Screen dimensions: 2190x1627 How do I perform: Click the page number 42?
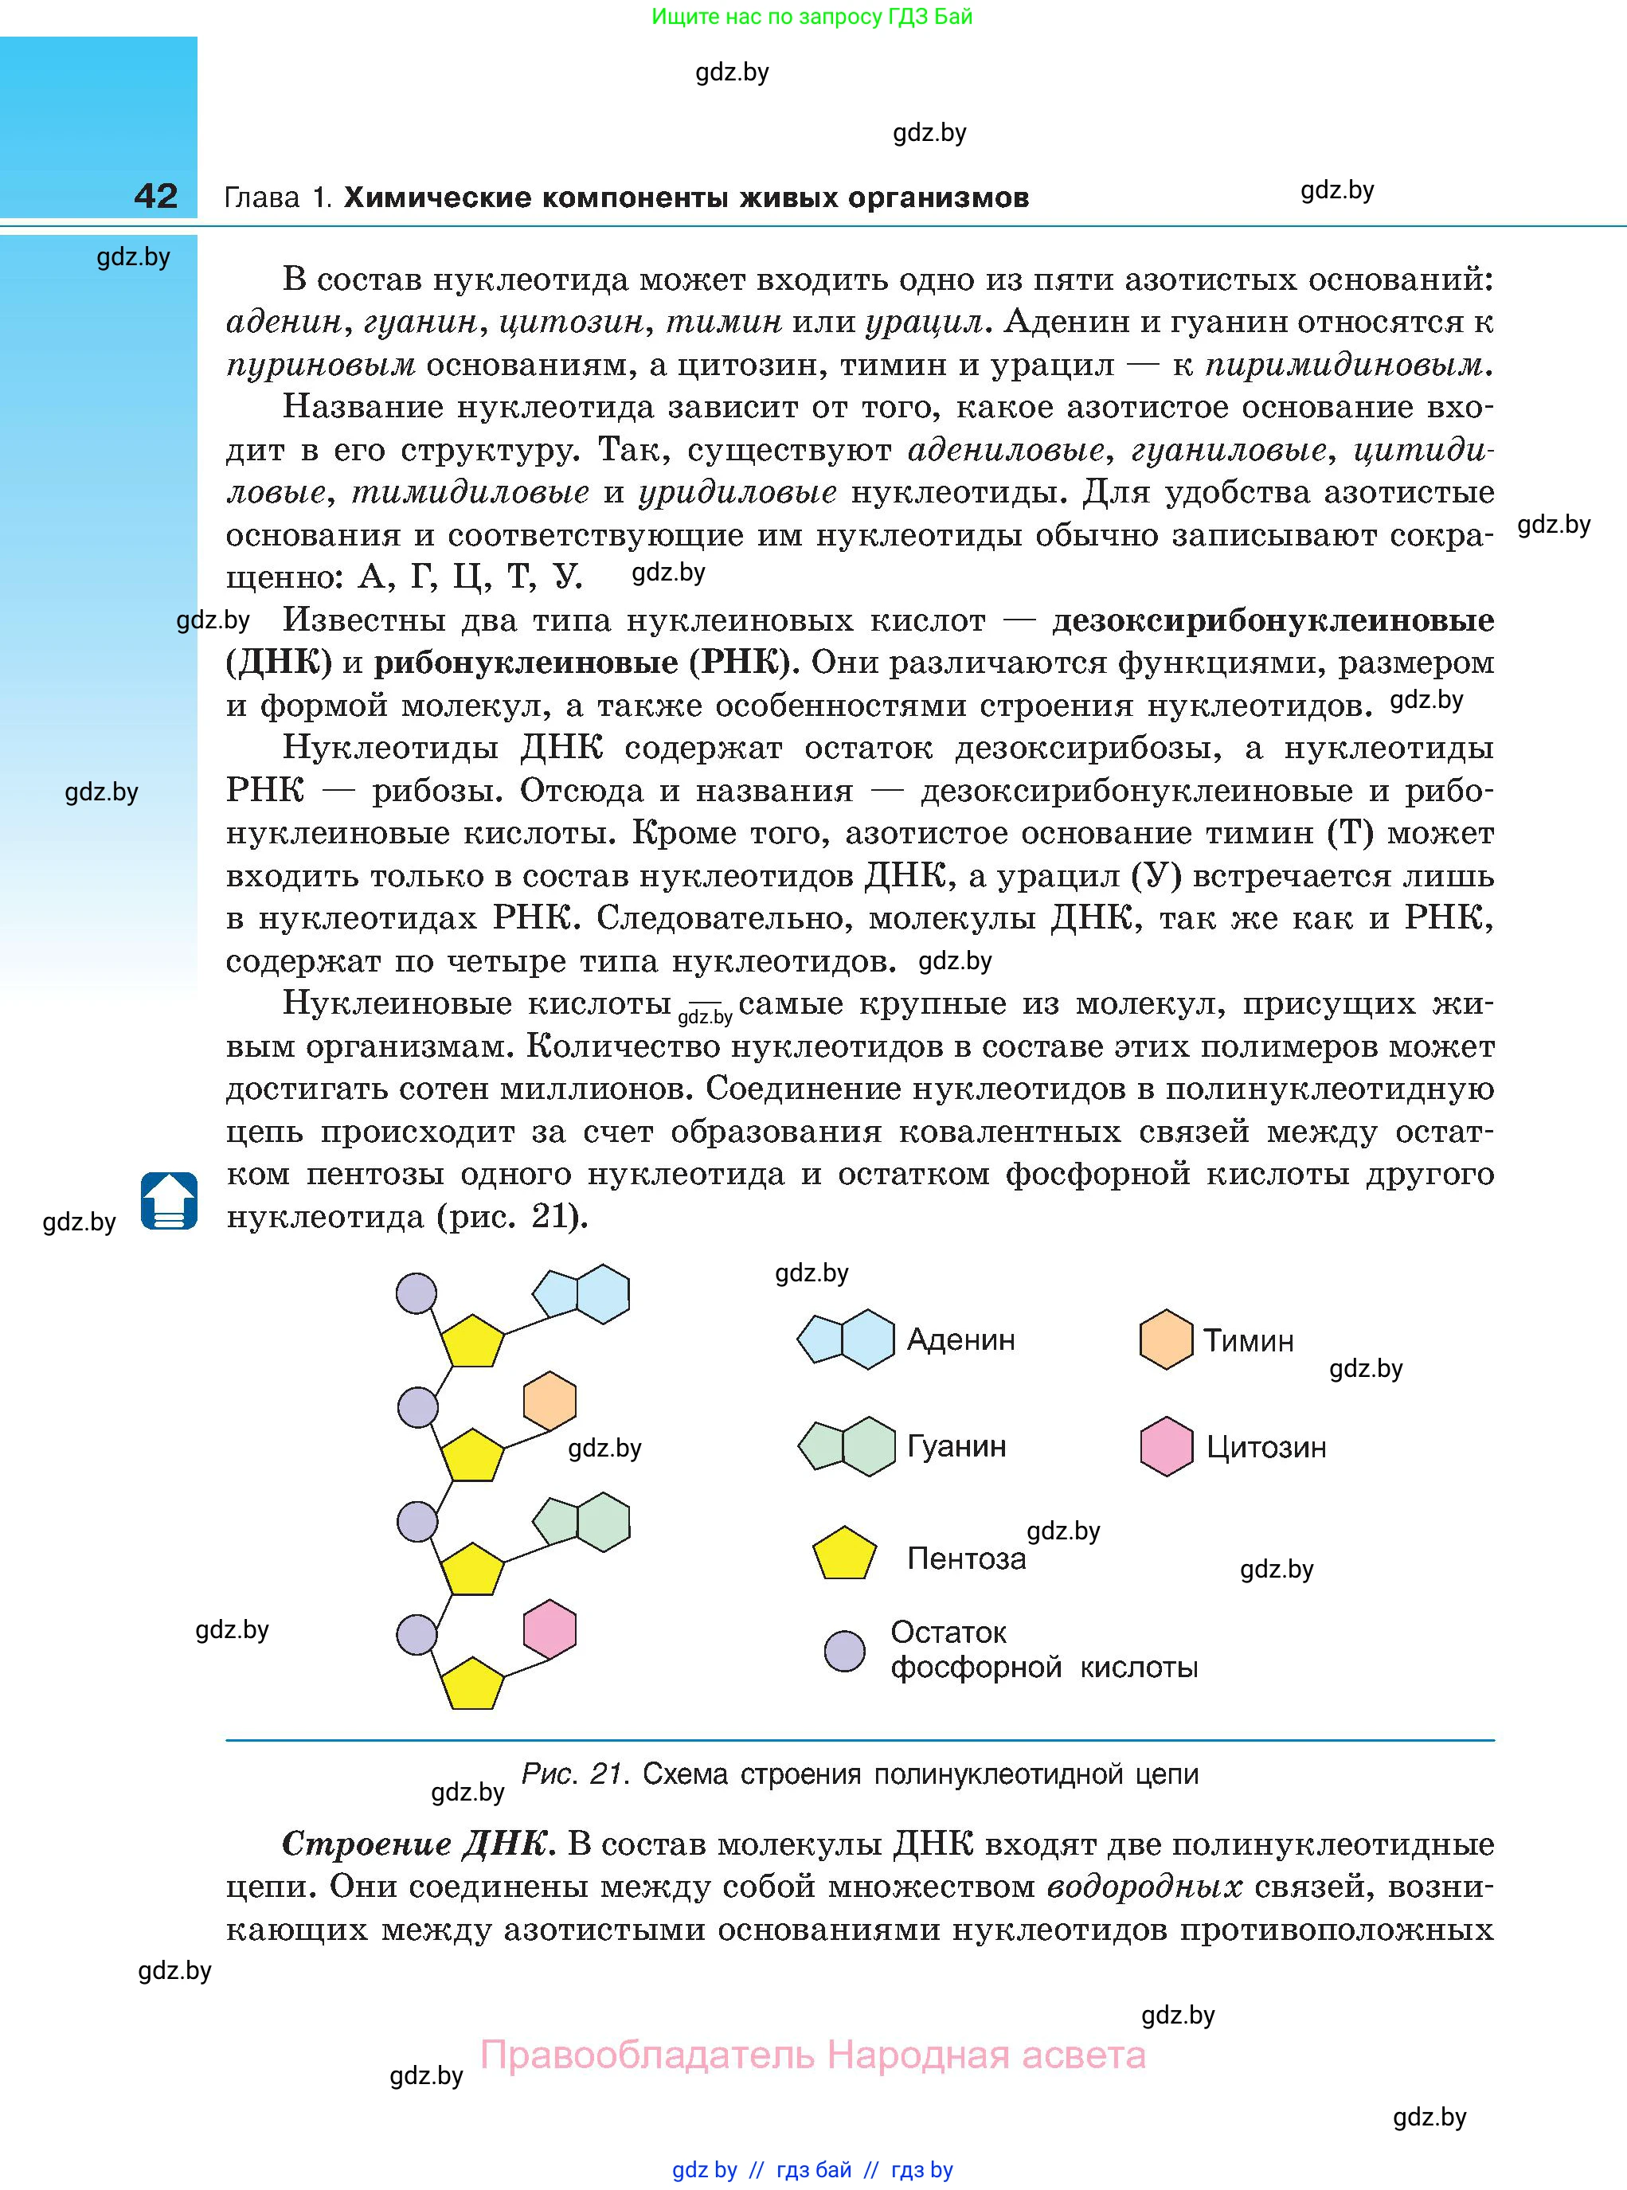155,196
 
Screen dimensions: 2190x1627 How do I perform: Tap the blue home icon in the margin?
170,1200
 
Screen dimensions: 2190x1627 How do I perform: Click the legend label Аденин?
960,1340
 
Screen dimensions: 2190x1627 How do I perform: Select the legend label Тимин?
1248,1341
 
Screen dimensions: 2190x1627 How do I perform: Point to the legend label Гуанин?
956,1446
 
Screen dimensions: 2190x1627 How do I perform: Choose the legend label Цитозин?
1265,1448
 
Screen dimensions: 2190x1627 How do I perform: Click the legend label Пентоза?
966,1558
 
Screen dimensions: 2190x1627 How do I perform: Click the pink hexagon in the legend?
1166,1446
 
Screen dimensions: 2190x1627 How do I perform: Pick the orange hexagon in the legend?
1166,1339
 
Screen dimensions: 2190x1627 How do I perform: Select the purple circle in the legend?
844,1652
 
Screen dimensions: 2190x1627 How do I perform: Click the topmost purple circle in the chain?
416,1293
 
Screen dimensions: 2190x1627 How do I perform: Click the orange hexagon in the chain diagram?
550,1402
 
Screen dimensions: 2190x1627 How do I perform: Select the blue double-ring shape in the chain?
582,1293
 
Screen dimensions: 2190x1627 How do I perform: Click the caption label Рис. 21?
574,1774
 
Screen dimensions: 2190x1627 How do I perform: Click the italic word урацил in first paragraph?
924,322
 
